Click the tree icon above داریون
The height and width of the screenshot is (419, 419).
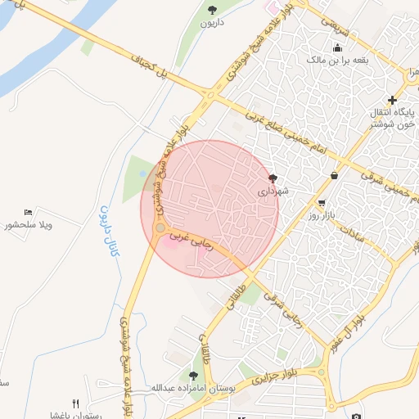coord(213,10)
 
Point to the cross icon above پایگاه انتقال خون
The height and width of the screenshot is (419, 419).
coord(392,99)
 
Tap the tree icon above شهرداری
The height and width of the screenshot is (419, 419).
coord(273,178)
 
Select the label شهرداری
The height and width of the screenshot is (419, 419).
coord(275,192)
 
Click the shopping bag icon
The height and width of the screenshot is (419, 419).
coord(334,175)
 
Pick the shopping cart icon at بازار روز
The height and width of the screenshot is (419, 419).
coord(322,202)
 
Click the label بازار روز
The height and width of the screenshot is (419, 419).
coord(323,214)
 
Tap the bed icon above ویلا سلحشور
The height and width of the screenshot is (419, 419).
coord(29,213)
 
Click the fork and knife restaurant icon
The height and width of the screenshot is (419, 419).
coord(76,403)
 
